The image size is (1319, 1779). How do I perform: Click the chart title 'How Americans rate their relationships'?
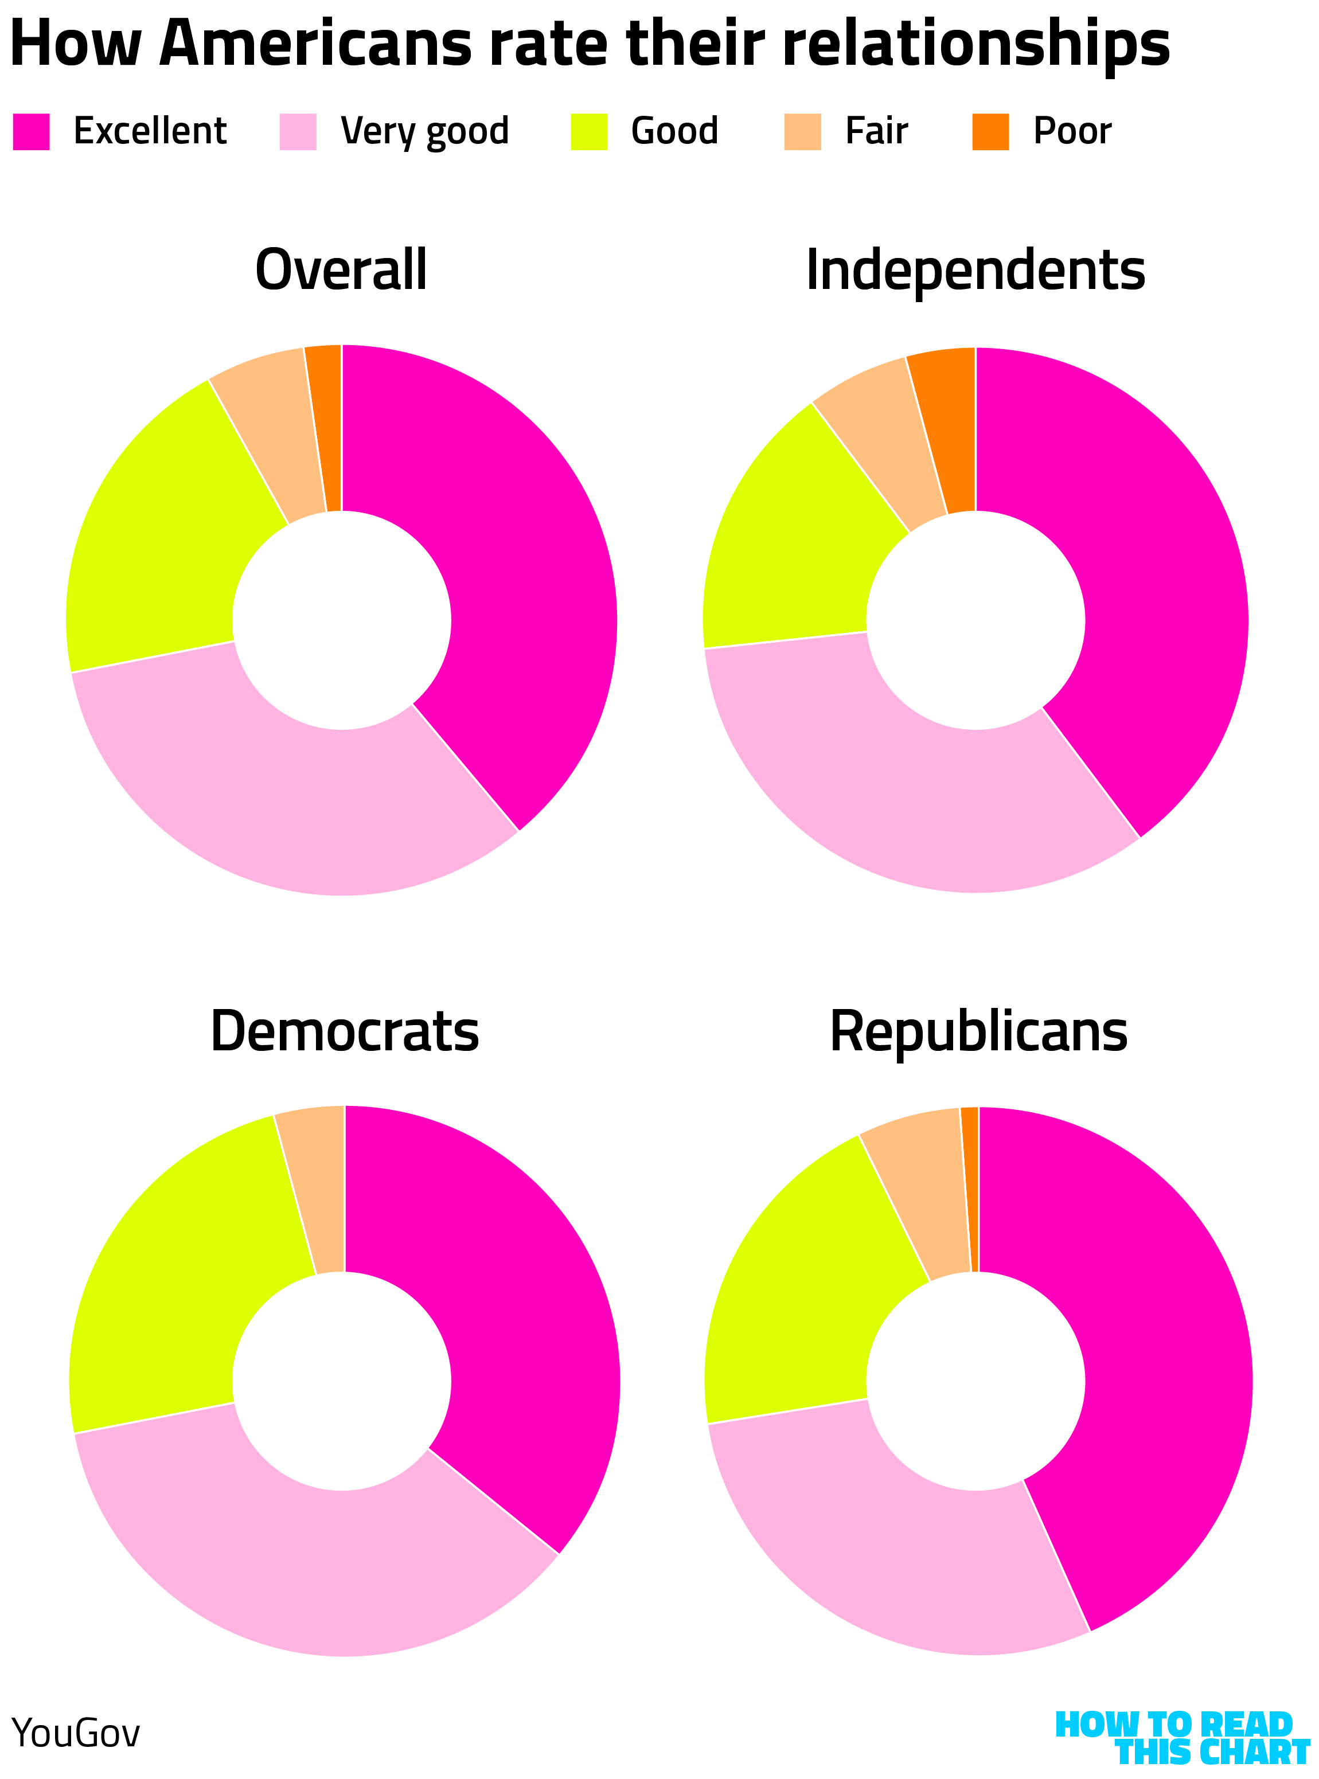[589, 45]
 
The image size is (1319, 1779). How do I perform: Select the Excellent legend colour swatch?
[31, 132]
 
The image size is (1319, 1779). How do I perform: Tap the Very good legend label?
[424, 132]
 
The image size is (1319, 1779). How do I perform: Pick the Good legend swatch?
[588, 132]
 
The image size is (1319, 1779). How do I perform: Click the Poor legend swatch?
[990, 132]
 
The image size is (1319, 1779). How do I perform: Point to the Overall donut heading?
[341, 270]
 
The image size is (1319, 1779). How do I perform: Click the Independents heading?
[975, 270]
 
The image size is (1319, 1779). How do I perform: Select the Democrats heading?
[344, 1031]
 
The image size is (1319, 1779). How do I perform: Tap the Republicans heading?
[978, 1031]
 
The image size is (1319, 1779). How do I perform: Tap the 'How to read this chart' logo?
[1182, 1738]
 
